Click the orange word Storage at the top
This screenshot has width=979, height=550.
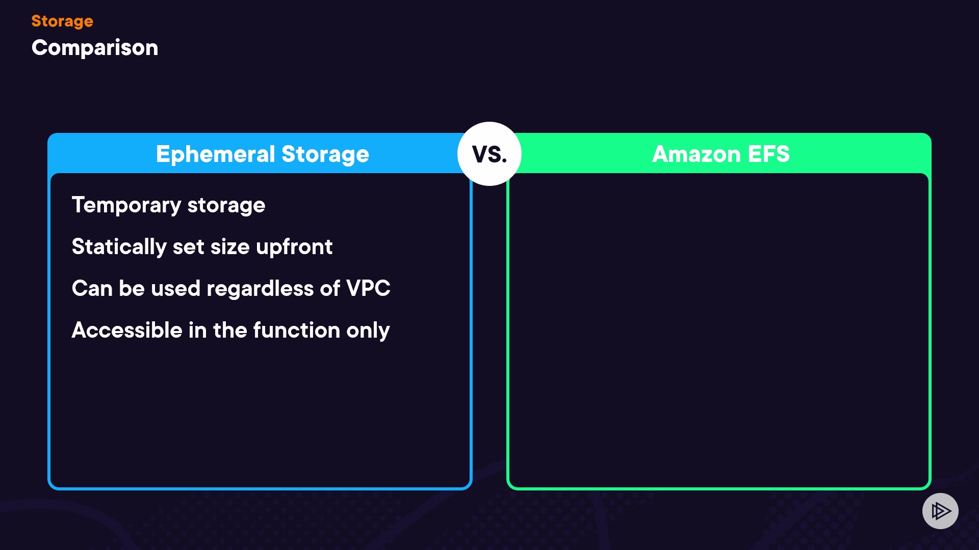[62, 21]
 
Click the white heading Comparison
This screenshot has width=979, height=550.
[95, 48]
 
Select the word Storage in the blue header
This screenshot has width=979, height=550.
[325, 154]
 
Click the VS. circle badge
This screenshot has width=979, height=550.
[489, 154]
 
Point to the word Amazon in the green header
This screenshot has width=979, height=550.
[696, 154]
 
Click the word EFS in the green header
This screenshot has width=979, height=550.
[768, 154]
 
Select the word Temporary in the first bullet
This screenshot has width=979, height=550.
[126, 205]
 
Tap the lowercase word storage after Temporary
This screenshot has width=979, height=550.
[226, 205]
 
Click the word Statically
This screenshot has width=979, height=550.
[119, 247]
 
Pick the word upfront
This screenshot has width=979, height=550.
[294, 247]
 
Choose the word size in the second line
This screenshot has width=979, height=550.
[230, 247]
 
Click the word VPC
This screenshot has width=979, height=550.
[368, 289]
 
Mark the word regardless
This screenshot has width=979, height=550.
[260, 289]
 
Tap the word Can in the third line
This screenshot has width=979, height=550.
[92, 289]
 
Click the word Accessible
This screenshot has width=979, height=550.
[127, 331]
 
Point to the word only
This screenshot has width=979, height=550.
[368, 331]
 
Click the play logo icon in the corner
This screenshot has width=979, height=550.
[940, 511]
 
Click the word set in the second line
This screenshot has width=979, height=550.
[189, 247]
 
